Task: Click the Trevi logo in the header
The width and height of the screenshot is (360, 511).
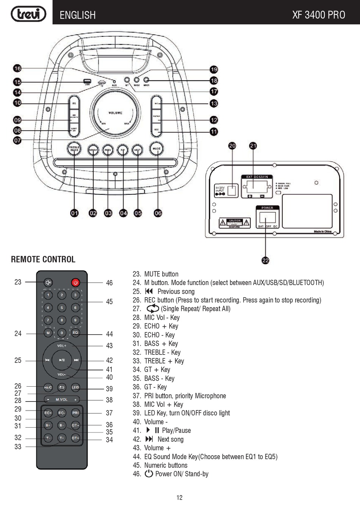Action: point(28,14)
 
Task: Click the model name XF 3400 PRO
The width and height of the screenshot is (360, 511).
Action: point(318,15)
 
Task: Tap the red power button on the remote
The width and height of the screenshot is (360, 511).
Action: point(75,282)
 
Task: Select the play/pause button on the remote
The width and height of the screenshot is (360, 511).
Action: point(62,360)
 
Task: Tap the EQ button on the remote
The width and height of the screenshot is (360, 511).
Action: point(75,333)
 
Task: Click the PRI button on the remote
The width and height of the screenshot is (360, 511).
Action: point(75,413)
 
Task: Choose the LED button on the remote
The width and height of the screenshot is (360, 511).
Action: point(75,387)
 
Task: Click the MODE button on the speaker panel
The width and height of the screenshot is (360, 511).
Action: point(157,149)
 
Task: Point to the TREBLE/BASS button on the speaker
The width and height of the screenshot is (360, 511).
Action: point(74,149)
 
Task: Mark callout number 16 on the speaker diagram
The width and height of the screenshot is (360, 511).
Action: point(17,68)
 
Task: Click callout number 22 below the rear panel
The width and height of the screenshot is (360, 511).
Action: point(265,260)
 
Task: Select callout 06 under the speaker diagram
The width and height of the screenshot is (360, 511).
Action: point(158,213)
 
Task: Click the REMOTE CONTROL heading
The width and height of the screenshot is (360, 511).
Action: point(43,259)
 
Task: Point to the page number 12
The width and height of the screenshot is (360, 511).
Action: point(180,498)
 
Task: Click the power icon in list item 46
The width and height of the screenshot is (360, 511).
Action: point(149,474)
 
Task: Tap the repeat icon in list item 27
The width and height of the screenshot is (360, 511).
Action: point(152,309)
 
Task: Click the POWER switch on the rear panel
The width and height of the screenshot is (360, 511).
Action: point(268,218)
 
